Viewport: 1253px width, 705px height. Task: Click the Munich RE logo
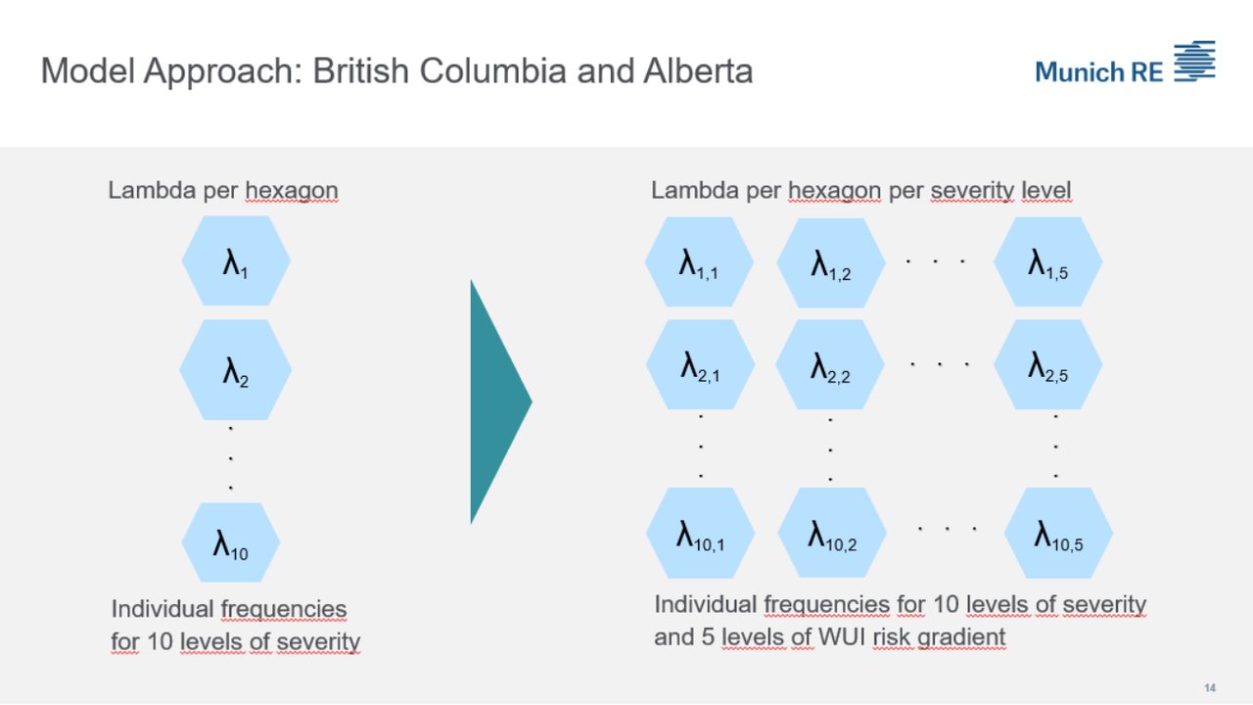(1125, 66)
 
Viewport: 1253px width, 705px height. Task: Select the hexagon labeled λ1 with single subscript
(235, 261)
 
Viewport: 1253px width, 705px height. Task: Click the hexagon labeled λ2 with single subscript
(235, 370)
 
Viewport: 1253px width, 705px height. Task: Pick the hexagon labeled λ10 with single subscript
(231, 542)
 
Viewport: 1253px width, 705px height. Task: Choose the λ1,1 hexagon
(699, 262)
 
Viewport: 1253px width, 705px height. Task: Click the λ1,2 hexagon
(831, 263)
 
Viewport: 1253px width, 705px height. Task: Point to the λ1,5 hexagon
(1047, 262)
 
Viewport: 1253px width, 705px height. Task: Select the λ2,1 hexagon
(700, 365)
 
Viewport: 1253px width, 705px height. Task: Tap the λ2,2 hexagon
(830, 365)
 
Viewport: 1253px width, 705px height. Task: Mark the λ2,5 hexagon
(1047, 364)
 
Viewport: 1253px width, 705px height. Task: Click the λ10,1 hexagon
(700, 534)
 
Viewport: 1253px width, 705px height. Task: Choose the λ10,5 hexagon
(1058, 534)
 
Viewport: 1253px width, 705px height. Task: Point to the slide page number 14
(1209, 686)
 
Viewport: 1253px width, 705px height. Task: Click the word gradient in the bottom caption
(961, 638)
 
